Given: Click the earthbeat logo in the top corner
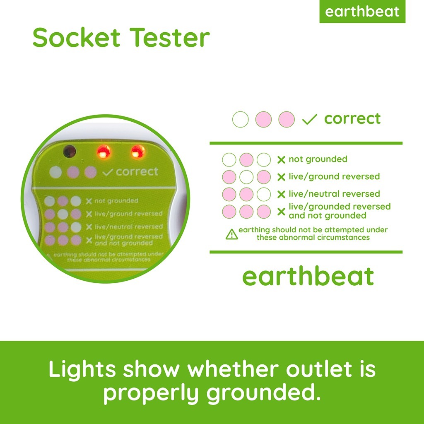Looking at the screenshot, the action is (362, 11).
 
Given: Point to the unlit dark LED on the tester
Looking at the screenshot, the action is (69, 151).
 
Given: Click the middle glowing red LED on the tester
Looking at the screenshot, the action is (104, 152).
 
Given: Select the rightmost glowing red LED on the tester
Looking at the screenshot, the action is (137, 152).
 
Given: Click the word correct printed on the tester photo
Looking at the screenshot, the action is (137, 171).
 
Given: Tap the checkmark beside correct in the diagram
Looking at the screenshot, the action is (309, 119).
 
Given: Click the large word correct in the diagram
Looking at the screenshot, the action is (352, 119).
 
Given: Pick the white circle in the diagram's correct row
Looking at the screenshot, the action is (241, 119).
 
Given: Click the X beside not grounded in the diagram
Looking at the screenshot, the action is (281, 160).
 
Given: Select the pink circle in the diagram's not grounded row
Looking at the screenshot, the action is (246, 160).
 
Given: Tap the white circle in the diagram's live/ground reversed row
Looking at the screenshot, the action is (246, 177).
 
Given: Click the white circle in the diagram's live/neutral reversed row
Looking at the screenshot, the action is (264, 195).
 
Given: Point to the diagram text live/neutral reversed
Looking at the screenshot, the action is (334, 194).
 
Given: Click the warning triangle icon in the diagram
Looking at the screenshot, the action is (232, 234).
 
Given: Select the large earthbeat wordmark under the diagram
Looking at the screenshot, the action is (308, 276).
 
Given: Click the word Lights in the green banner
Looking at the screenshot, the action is (82, 369).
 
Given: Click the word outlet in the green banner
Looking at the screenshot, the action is (319, 369).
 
